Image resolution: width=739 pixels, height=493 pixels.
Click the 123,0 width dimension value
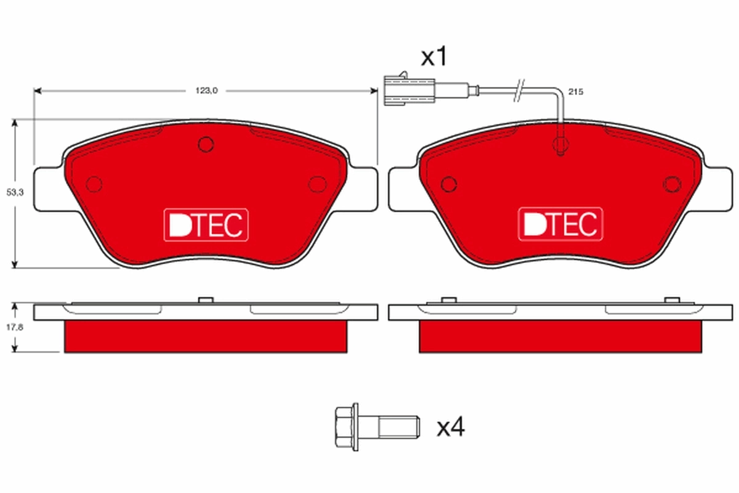(x=207, y=91)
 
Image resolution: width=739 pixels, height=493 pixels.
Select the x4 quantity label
(x=450, y=427)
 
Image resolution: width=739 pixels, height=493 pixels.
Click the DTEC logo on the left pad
(x=206, y=225)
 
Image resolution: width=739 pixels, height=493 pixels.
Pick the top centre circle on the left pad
(x=206, y=144)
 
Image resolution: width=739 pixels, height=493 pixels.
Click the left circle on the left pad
(x=94, y=183)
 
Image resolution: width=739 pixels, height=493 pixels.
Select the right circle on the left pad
(x=317, y=183)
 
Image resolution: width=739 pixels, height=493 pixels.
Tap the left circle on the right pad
(x=449, y=183)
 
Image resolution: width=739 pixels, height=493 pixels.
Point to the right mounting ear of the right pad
(x=717, y=187)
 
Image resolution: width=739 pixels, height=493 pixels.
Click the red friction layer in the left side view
(x=206, y=336)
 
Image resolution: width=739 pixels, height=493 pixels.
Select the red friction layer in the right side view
(x=560, y=336)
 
